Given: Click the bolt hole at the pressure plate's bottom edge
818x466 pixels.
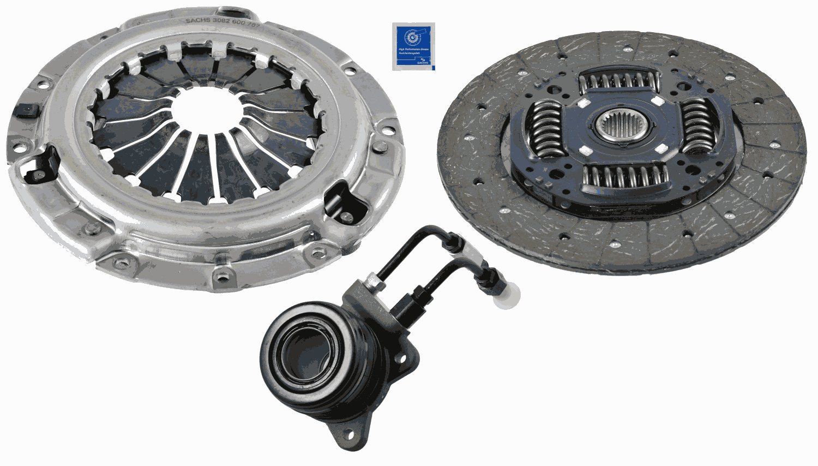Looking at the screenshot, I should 221,275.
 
